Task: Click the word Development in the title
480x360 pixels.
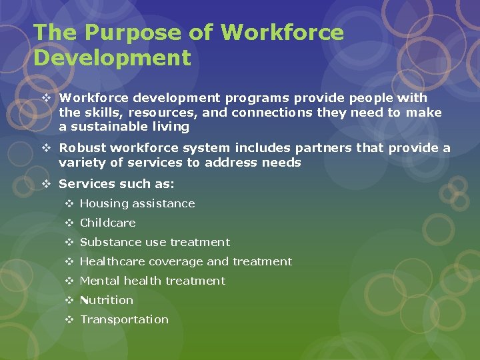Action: [112, 57]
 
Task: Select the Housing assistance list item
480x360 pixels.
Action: [137, 203]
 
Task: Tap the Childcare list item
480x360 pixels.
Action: [107, 223]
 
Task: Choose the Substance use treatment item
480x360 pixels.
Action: [155, 242]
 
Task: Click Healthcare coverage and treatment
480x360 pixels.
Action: [185, 261]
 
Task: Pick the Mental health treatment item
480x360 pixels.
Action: [153, 281]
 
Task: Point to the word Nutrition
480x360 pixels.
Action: [107, 300]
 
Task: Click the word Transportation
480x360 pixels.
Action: [124, 319]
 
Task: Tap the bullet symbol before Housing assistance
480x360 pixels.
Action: [69, 203]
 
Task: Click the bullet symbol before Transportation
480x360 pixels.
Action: [69, 319]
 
